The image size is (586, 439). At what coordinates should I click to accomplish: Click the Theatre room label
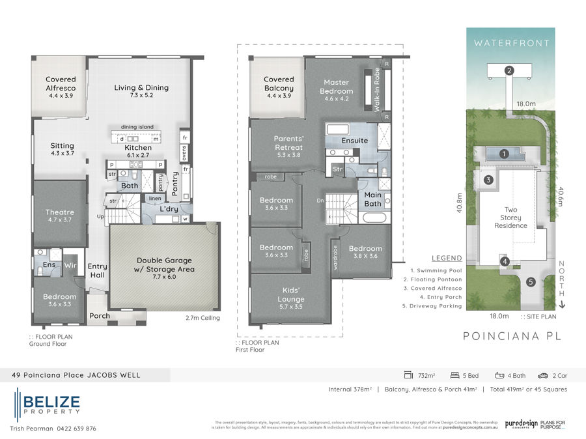[x=59, y=212]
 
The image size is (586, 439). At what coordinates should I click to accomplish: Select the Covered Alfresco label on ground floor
[x=61, y=83]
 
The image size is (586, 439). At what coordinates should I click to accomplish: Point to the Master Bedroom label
[x=337, y=87]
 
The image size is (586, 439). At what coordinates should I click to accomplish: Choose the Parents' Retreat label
[x=279, y=143]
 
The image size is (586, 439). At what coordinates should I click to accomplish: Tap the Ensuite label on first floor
[x=355, y=140]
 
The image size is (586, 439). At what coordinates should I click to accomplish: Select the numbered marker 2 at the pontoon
[x=509, y=70]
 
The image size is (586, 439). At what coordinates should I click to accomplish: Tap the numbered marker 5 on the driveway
[x=531, y=282]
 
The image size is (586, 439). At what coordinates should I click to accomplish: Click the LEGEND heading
[x=446, y=258]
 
